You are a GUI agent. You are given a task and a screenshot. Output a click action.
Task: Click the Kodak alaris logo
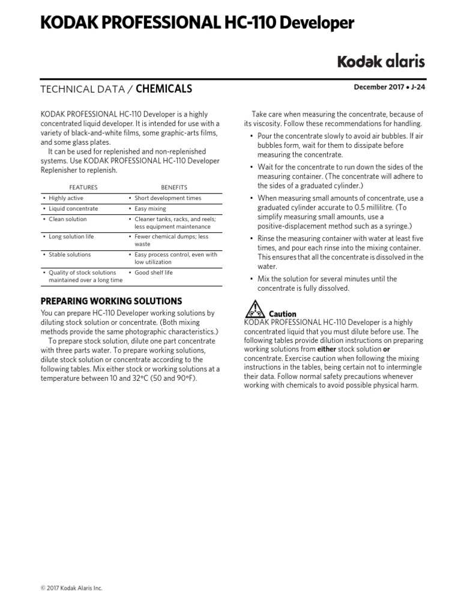pos(381,61)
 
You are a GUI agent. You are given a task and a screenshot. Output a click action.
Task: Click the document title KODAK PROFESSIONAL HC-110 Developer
pos(197,23)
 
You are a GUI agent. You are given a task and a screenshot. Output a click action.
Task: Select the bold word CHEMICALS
pos(164,89)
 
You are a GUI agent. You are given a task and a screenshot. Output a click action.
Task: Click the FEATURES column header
pos(83,187)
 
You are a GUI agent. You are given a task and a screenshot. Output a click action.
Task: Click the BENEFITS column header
pos(174,187)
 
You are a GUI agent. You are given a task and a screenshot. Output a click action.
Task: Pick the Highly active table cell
pos(66,198)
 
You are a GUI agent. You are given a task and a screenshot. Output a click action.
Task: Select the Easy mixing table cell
pos(150,209)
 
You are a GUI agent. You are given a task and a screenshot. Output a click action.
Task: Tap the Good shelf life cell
pos(154,273)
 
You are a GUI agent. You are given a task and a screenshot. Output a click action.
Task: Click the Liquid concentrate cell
pos(73,209)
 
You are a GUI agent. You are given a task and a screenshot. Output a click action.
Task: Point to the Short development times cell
pos(167,198)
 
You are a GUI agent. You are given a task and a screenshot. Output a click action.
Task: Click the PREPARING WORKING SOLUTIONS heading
pos(111,301)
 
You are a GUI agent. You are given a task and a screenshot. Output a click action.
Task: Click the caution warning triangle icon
pos(255,311)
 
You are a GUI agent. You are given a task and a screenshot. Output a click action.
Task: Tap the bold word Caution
pos(282,314)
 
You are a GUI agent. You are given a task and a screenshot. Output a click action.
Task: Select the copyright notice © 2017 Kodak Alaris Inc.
pos(71,588)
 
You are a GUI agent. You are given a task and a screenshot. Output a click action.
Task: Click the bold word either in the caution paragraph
pos(326,349)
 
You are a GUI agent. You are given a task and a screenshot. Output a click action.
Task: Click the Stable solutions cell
pos(70,255)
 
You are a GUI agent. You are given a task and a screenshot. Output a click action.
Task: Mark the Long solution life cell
pos(71,237)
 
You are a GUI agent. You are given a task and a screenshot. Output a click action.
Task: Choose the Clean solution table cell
pos(67,220)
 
